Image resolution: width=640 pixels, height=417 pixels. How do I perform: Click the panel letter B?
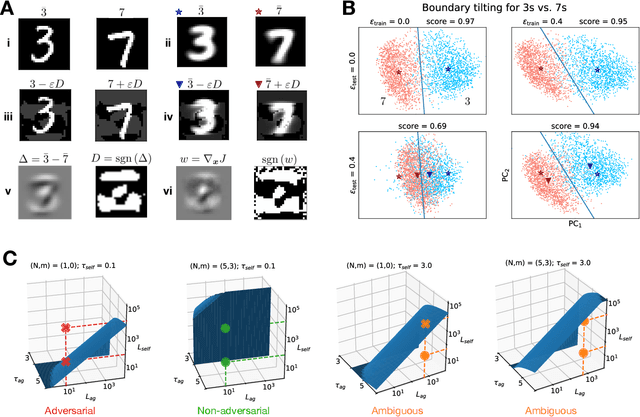point(350,8)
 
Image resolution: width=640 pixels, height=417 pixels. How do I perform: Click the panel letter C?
point(8,258)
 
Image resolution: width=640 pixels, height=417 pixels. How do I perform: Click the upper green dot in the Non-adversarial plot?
point(225,327)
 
